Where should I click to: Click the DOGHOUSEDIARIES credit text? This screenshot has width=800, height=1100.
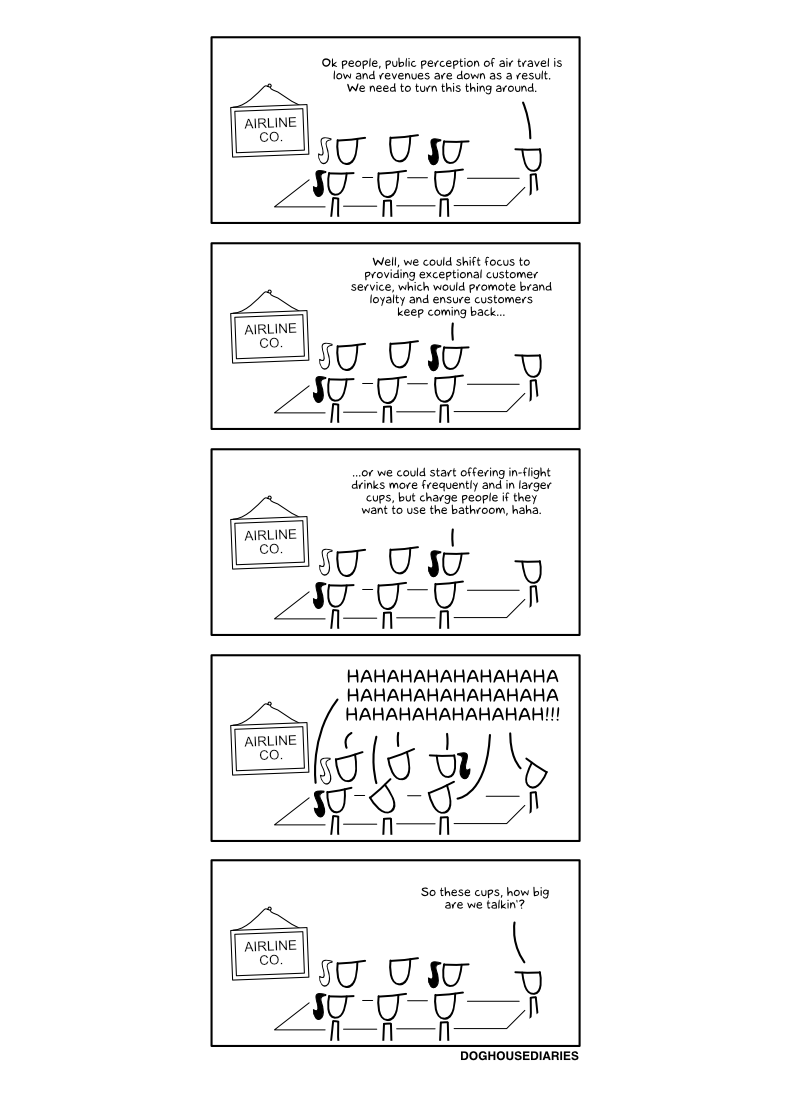coord(519,1056)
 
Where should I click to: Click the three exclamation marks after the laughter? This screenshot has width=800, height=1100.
coord(552,715)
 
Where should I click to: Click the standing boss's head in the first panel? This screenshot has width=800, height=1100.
coord(530,160)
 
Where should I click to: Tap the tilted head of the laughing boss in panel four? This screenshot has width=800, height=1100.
coord(534,774)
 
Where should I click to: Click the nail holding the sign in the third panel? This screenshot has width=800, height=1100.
coord(269,499)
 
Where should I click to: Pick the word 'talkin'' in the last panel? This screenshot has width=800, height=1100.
coord(506,905)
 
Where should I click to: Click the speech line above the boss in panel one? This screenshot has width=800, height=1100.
coord(526,120)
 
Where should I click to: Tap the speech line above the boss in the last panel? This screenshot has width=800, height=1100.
coord(519,941)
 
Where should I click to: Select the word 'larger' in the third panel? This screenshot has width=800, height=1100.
coord(535,485)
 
